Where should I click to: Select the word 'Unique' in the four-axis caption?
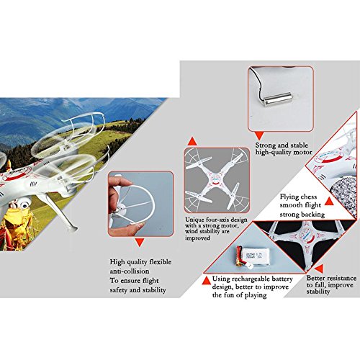point(194,220)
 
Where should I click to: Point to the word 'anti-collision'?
point(130,271)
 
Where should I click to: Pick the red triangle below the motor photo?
point(259,136)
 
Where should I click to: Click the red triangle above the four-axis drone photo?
point(192,141)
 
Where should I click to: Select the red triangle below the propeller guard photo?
point(140,243)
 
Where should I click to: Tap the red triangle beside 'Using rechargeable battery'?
point(207,281)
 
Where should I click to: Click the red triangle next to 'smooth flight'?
point(329,202)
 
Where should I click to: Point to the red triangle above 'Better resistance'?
point(319,269)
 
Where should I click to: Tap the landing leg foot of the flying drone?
point(72,228)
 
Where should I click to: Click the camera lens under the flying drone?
point(24,204)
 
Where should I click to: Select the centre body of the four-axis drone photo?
point(217,180)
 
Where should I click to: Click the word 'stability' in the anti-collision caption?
point(154,290)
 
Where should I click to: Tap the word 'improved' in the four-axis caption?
point(197,238)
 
